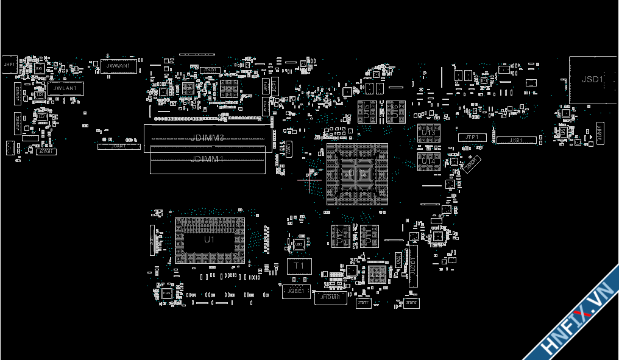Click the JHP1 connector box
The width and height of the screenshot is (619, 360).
coord(9,64)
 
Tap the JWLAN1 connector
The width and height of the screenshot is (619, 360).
coord(65,88)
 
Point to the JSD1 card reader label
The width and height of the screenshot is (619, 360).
coord(592,79)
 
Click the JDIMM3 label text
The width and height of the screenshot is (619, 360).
coord(208,138)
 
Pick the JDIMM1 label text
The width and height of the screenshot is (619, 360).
coord(208,159)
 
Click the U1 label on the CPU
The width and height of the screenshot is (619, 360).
coord(209,240)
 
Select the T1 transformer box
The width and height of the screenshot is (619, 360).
coord(299,266)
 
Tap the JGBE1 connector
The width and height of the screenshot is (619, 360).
coord(296,291)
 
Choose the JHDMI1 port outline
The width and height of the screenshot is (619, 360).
coord(330,297)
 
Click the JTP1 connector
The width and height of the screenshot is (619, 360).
coord(472,138)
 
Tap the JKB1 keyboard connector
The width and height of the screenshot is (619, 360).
coord(515,140)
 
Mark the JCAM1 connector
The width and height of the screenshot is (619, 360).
coord(118,146)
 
